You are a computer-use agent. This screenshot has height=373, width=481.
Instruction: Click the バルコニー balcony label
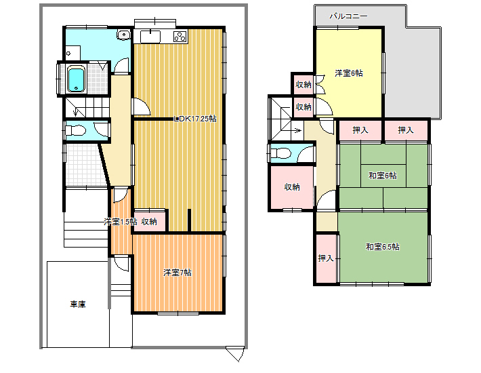point(348,16)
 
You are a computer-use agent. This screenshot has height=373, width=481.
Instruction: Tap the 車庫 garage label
point(78,305)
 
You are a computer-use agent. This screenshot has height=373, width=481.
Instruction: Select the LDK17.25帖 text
point(195,119)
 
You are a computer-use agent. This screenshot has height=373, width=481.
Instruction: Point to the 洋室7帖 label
point(177,273)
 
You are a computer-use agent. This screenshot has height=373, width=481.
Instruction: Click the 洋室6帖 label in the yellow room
point(349,73)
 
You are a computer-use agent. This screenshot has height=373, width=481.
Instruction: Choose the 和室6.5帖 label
point(383,247)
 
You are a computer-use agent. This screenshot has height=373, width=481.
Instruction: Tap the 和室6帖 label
point(383,176)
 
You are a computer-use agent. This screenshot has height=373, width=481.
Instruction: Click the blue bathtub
point(75,79)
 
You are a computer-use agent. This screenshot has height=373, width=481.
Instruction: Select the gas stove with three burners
point(180,37)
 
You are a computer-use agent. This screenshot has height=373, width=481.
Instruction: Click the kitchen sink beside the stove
point(150,37)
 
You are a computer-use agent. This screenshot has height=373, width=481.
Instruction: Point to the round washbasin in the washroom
point(123,35)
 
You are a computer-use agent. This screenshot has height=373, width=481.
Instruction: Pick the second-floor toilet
point(280,153)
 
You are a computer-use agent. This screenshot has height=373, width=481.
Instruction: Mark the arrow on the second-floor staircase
point(296,130)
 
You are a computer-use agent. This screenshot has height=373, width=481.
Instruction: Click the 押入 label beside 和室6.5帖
point(325,258)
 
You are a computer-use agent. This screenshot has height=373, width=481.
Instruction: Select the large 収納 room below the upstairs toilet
point(291,187)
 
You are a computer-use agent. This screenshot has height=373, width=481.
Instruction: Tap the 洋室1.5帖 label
point(121,222)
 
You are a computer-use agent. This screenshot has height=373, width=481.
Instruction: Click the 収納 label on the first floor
point(149,221)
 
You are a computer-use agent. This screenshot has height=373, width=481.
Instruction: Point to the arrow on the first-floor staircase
point(76,111)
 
